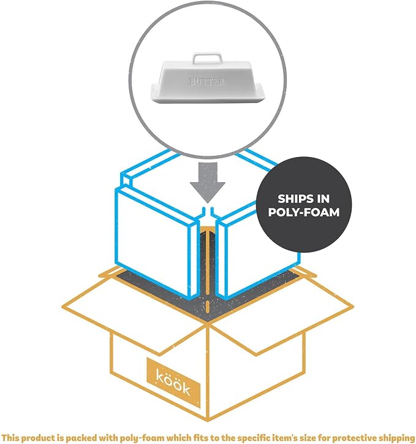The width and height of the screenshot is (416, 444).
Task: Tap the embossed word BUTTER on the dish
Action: [207, 82]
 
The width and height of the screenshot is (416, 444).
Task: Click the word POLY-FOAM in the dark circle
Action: [304, 212]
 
